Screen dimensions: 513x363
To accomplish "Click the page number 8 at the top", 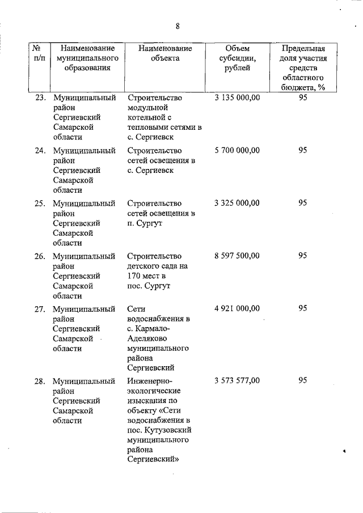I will pyautogui.click(x=178, y=26).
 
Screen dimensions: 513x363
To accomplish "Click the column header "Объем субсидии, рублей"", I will pyautogui.click(x=237, y=58).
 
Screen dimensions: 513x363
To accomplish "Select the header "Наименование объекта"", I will pyautogui.click(x=165, y=53).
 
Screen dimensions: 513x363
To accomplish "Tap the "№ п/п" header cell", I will pyautogui.click(x=39, y=53).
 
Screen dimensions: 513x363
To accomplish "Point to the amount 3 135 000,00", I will pyautogui.click(x=237, y=97).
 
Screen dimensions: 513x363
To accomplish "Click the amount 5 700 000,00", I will pyautogui.click(x=237, y=150).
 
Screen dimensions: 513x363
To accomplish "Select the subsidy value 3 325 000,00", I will pyautogui.click(x=237, y=203).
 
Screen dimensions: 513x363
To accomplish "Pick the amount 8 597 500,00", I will pyautogui.click(x=237, y=256).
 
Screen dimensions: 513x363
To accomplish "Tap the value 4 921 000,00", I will pyautogui.click(x=237, y=308).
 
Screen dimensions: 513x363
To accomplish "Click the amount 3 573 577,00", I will pyautogui.click(x=237, y=380).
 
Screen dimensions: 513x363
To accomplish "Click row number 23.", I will pyautogui.click(x=40, y=97).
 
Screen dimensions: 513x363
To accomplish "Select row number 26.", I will pyautogui.click(x=40, y=256).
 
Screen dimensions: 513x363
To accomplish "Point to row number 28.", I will pyautogui.click(x=40, y=380).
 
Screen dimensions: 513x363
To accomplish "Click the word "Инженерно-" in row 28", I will pyautogui.click(x=149, y=380).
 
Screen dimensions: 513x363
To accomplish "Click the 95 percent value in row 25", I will pyautogui.click(x=303, y=203).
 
